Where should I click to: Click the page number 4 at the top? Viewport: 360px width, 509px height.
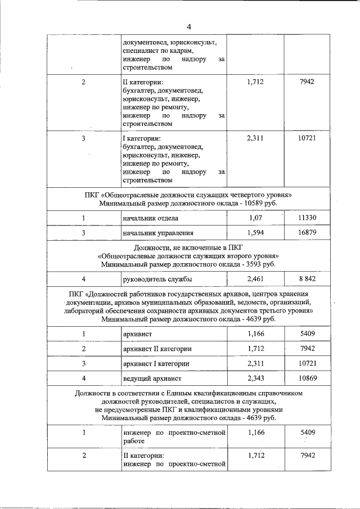(x=189, y=26)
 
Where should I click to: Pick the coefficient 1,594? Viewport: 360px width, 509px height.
(x=255, y=232)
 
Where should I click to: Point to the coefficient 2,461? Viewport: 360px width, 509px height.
(x=255, y=278)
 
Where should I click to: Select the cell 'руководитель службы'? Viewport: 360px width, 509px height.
(x=157, y=279)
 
